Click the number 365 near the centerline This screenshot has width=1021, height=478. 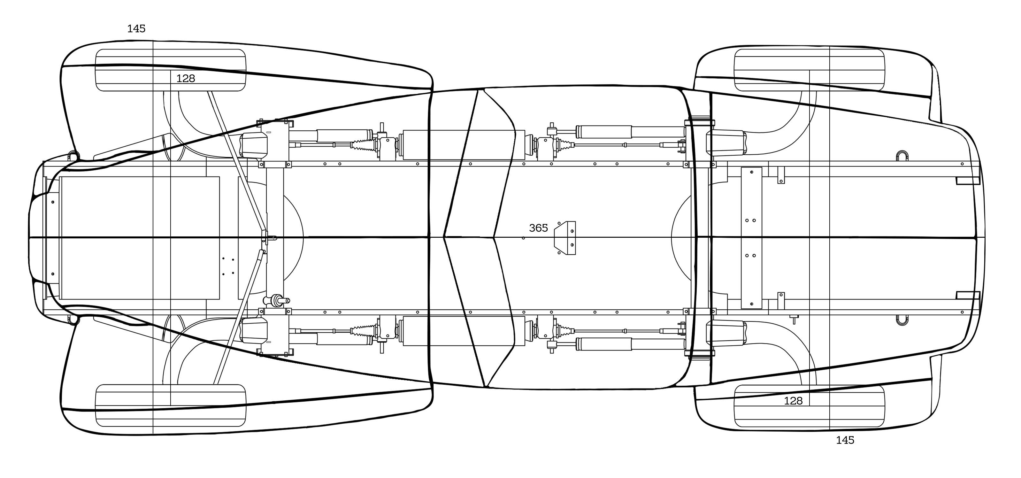click(x=538, y=228)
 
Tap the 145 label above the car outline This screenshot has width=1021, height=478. click(x=136, y=28)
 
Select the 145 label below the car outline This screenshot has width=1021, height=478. click(x=845, y=440)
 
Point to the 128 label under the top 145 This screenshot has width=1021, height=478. click(x=186, y=79)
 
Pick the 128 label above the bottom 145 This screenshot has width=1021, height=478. click(x=793, y=401)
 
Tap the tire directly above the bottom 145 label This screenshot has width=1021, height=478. click(x=809, y=405)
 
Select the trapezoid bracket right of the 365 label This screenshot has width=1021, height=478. click(x=565, y=238)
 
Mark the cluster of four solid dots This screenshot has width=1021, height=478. click(x=228, y=266)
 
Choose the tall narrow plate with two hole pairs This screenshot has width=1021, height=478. click(x=751, y=238)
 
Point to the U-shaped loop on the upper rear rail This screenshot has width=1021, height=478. click(x=902, y=156)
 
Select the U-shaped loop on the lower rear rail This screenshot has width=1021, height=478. click(x=902, y=320)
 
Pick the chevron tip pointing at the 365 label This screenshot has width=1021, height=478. click(x=494, y=237)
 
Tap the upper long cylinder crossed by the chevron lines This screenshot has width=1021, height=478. click(x=464, y=145)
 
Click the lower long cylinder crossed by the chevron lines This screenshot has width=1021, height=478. click(x=464, y=331)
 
